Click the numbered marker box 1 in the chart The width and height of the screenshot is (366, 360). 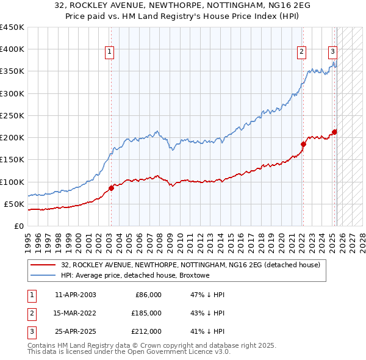tap(109, 52)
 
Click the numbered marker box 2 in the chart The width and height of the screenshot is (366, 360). tap(301, 52)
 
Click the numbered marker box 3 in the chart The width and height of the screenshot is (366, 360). tap(333, 52)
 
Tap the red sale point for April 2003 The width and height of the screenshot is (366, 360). tap(112, 188)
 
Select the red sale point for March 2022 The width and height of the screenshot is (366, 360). tap(303, 144)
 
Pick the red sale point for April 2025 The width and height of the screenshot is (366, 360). tap(334, 132)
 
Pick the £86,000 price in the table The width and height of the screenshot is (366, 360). tap(148, 295)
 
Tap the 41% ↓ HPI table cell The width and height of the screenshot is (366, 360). tap(207, 331)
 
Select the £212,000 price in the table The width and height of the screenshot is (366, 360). tap(146, 331)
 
